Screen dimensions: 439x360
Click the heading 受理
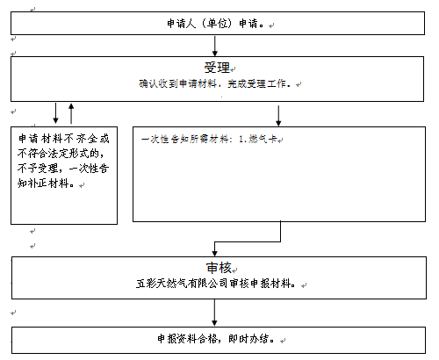217,68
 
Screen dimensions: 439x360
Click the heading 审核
219,268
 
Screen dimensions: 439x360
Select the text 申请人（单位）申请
212,24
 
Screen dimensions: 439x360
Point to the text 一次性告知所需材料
185,139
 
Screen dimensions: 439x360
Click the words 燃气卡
263,139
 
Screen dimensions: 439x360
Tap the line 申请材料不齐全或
64,139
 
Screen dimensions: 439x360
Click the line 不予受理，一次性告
63,169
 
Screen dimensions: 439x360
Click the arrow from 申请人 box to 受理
215,46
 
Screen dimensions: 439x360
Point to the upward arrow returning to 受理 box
71,113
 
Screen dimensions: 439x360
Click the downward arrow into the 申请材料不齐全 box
55,113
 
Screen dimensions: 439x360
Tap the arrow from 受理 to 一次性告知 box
278,116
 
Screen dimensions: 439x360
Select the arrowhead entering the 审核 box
214,254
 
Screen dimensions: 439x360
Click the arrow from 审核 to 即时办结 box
214,313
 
